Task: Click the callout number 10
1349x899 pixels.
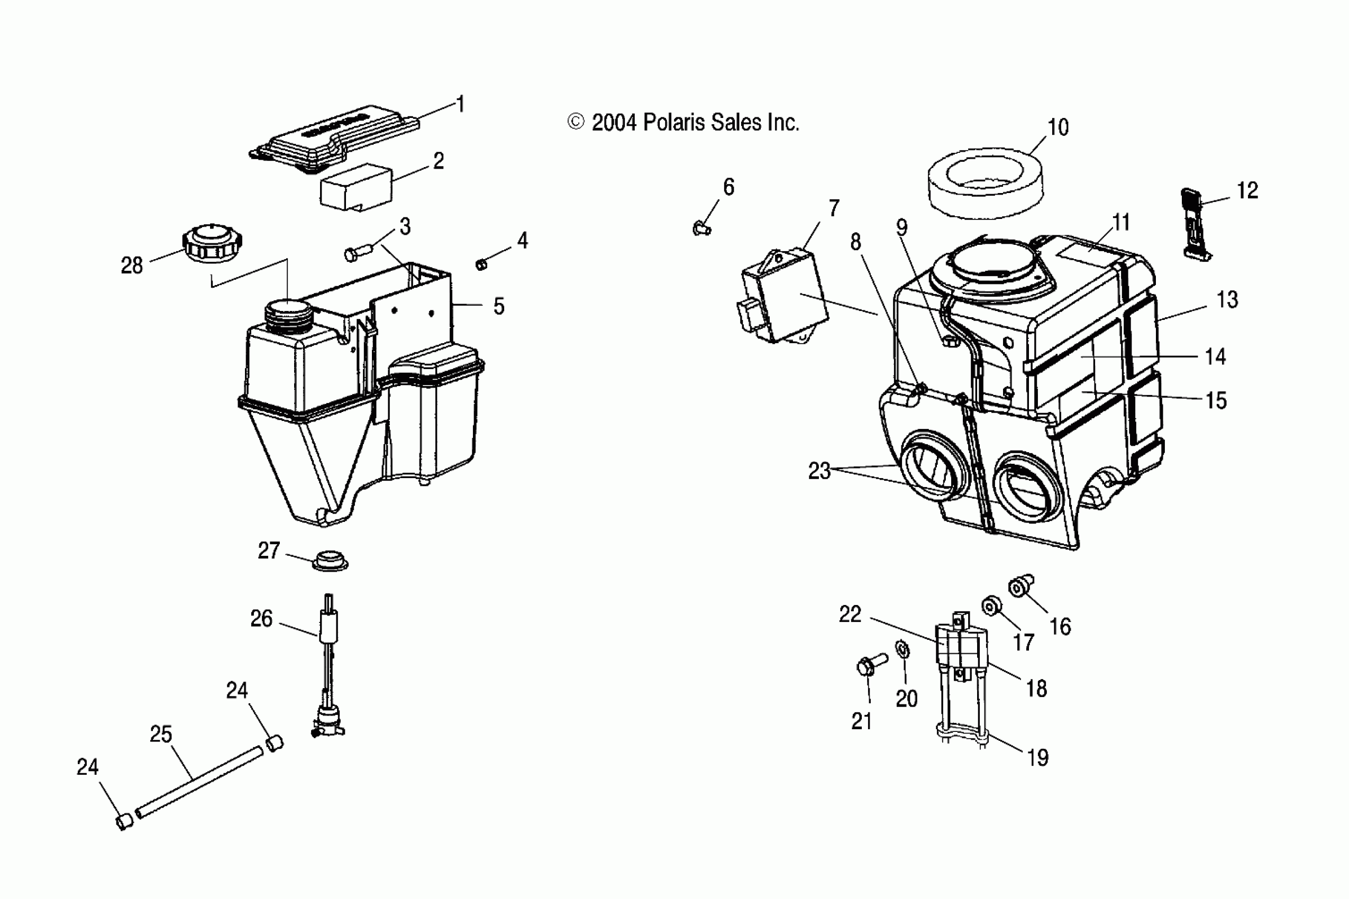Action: [1058, 127]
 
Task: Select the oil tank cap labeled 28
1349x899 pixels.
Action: [212, 244]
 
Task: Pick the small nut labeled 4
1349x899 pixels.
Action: [481, 264]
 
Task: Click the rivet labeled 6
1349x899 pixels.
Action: [700, 229]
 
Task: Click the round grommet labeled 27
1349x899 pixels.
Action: [330, 561]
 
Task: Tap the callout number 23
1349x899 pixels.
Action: [819, 471]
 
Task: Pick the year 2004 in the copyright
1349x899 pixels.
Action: [614, 123]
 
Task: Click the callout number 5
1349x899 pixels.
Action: [498, 306]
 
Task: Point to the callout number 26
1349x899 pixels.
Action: [261, 618]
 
